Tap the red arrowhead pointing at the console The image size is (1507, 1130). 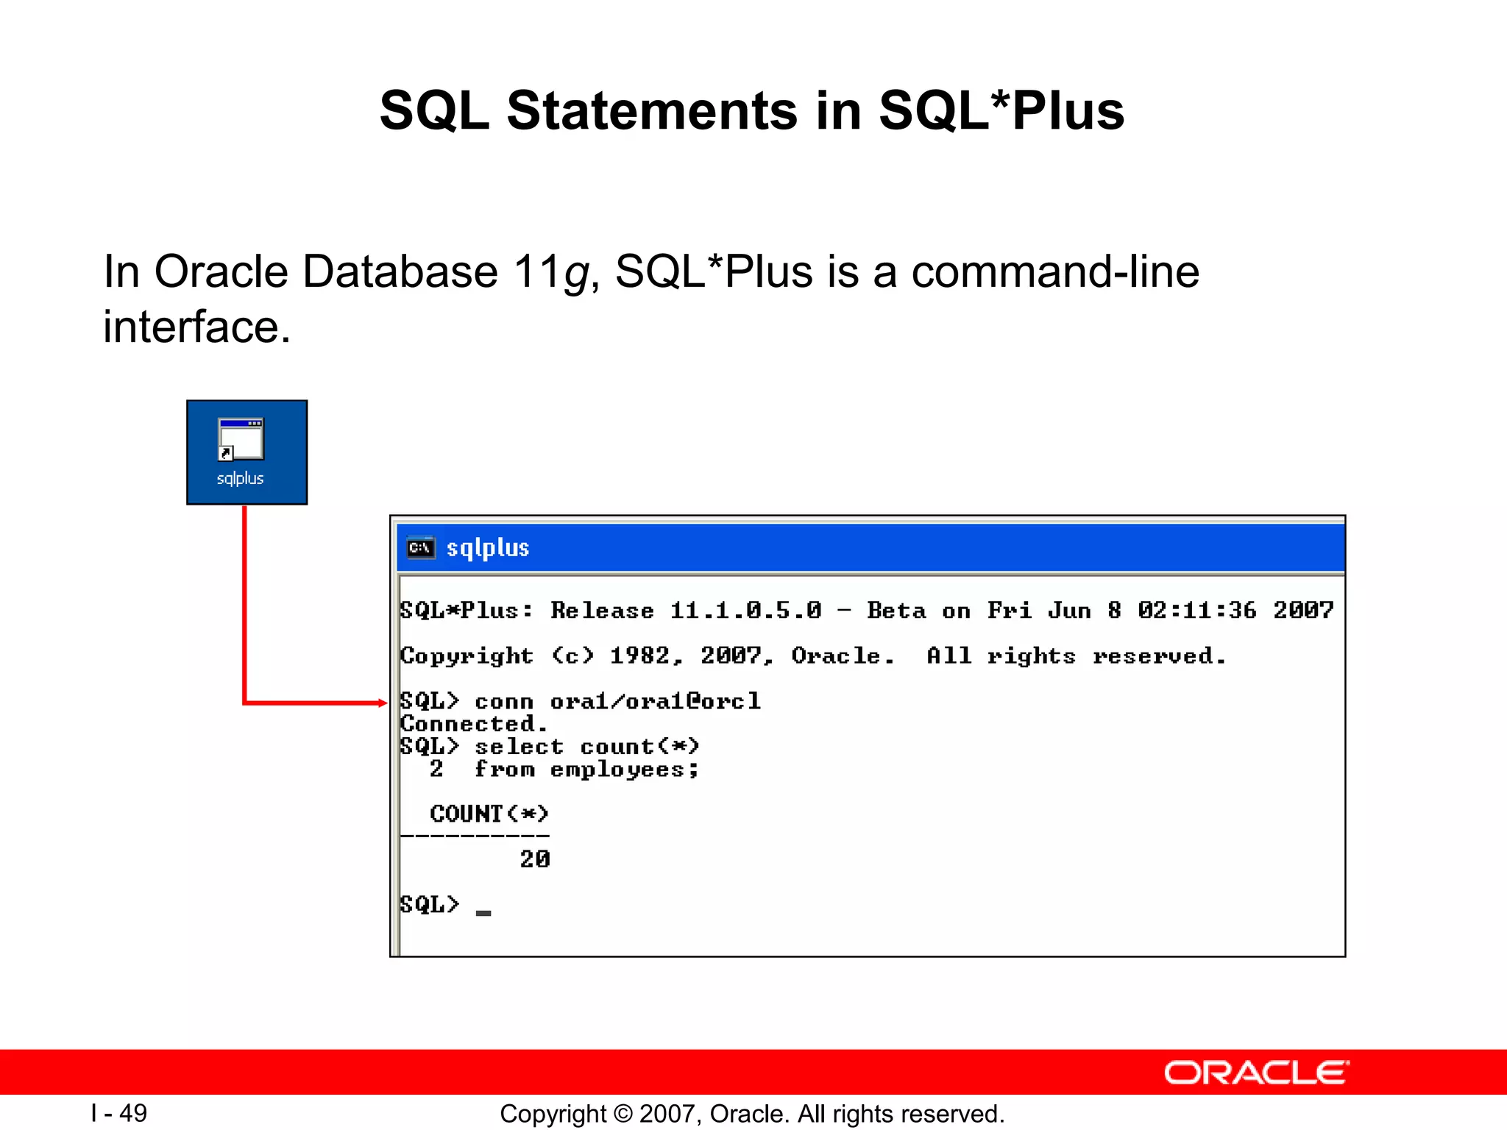[382, 703]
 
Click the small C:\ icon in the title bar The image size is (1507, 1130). [420, 548]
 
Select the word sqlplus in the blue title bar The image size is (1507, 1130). [488, 548]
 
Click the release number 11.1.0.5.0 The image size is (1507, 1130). [745, 611]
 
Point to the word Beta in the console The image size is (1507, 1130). [896, 611]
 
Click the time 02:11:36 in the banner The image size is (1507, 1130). [1196, 611]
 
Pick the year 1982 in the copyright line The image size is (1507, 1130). [639, 655]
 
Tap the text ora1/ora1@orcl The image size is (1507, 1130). [655, 701]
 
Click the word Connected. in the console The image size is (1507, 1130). [474, 724]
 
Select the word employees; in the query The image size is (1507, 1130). [624, 770]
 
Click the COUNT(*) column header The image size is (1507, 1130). [489, 814]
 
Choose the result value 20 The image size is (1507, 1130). [535, 859]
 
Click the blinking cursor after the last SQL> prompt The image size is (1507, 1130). [483, 913]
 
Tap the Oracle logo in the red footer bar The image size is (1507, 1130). [1256, 1073]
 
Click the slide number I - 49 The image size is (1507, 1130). [119, 1113]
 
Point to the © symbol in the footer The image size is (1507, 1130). [623, 1114]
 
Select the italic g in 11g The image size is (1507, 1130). [576, 274]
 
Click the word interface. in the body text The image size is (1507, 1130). [196, 327]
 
